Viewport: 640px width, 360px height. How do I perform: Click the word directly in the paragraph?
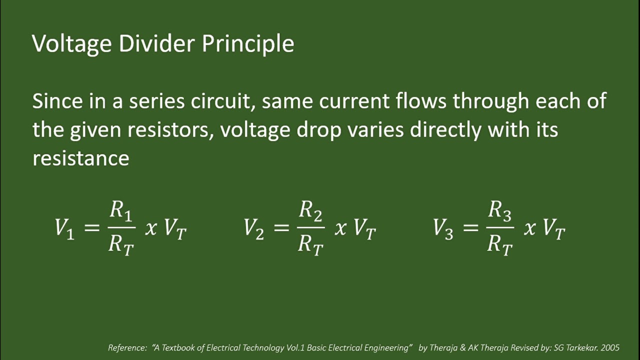(445, 130)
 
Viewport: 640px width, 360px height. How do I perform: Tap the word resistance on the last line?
(80, 158)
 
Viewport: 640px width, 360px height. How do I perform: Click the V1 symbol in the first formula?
(64, 228)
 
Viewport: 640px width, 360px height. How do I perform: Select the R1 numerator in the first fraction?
(120, 211)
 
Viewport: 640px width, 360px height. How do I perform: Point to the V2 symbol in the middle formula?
(253, 228)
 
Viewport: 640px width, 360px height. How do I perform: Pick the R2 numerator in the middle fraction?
(310, 211)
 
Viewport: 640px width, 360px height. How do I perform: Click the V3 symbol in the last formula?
(443, 228)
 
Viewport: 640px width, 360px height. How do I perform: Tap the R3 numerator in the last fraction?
(499, 211)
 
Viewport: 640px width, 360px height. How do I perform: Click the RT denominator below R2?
(310, 245)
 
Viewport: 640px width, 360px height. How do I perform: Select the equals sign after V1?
(92, 228)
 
